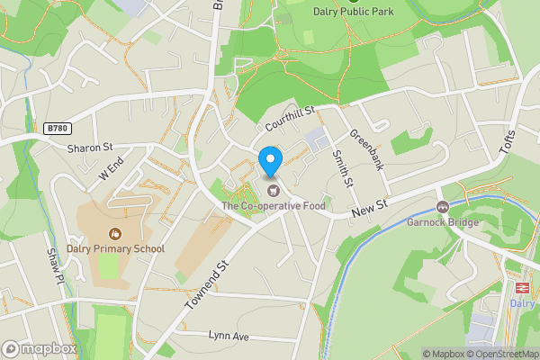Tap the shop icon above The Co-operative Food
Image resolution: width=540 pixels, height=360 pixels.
[x=272, y=190]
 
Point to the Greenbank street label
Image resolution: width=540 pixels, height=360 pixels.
[x=366, y=149]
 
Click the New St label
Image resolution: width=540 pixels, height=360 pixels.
[x=368, y=208]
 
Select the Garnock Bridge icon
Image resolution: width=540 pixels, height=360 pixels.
[x=442, y=207]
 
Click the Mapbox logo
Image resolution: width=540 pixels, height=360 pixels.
[x=39, y=348]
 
